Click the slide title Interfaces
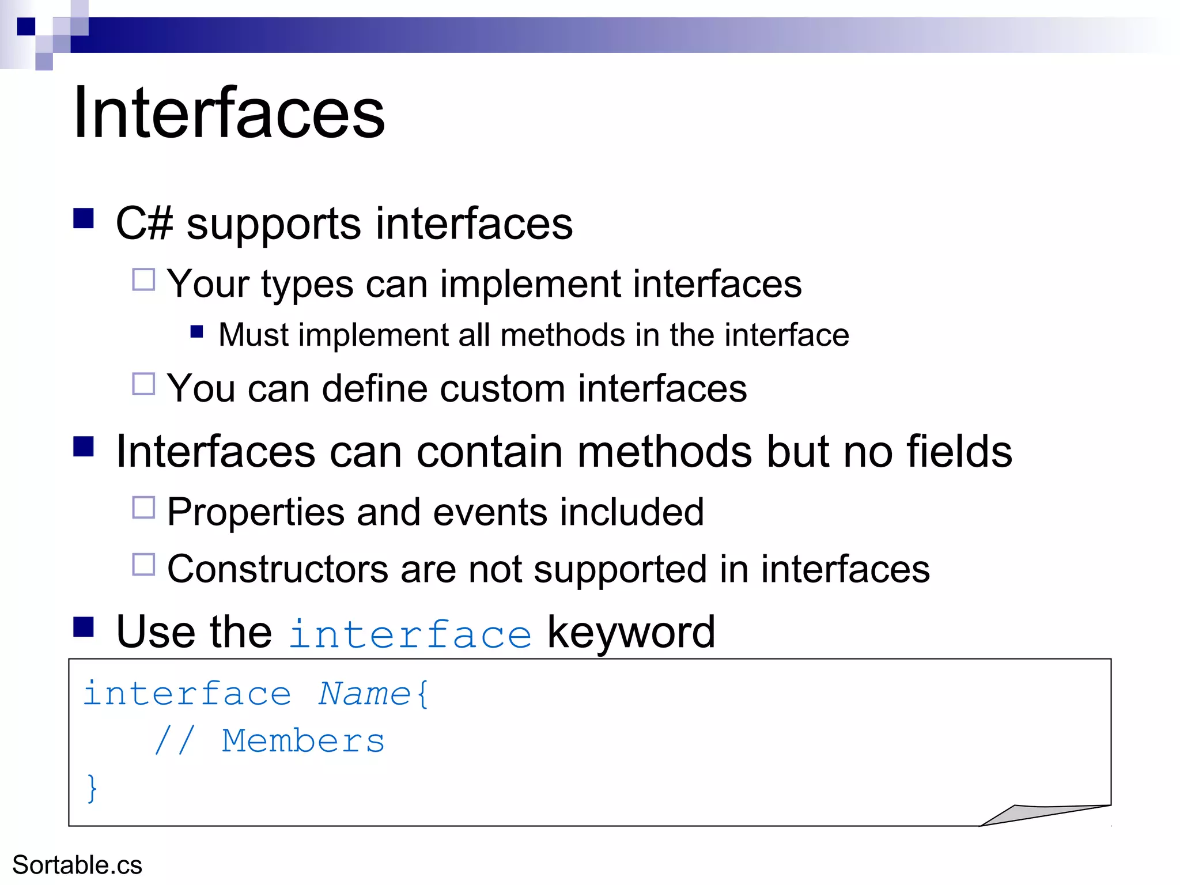(x=229, y=112)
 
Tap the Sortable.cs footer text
(x=77, y=865)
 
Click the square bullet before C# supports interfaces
(x=84, y=218)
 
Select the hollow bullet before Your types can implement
(x=143, y=280)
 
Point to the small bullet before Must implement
(x=197, y=331)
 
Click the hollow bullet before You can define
(x=143, y=384)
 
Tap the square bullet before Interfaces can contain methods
(x=84, y=446)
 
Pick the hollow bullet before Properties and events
(x=143, y=508)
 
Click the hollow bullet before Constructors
(x=143, y=565)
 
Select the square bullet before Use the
(x=84, y=626)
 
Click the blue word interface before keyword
(x=410, y=634)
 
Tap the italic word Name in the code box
(x=364, y=693)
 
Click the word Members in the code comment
(x=303, y=741)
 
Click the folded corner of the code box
(x=1037, y=814)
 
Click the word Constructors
(x=278, y=569)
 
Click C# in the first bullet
(x=144, y=224)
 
